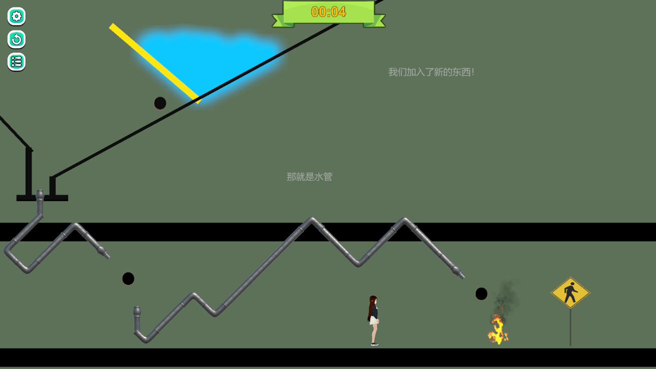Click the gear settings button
[17, 17]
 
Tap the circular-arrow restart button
[17, 39]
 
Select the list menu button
[17, 62]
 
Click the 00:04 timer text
[329, 12]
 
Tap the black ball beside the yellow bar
[160, 103]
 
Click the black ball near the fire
[481, 294]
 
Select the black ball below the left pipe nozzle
[128, 278]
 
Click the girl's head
[374, 300]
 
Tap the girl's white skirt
[374, 320]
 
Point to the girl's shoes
[375, 344]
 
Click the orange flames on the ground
[498, 329]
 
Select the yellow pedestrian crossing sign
[570, 292]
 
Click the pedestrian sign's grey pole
[570, 327]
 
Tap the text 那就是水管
[309, 177]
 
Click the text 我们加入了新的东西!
[431, 72]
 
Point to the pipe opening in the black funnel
[40, 194]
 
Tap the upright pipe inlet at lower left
[137, 311]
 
